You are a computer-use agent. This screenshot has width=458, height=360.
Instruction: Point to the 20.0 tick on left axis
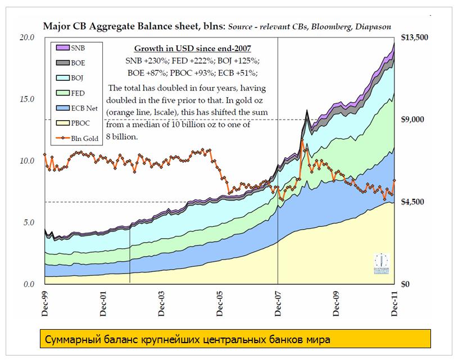tap(28, 37)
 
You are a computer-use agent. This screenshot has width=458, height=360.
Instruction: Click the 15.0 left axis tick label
tap(28, 99)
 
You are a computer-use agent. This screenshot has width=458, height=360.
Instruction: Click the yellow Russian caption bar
tap(236, 339)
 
